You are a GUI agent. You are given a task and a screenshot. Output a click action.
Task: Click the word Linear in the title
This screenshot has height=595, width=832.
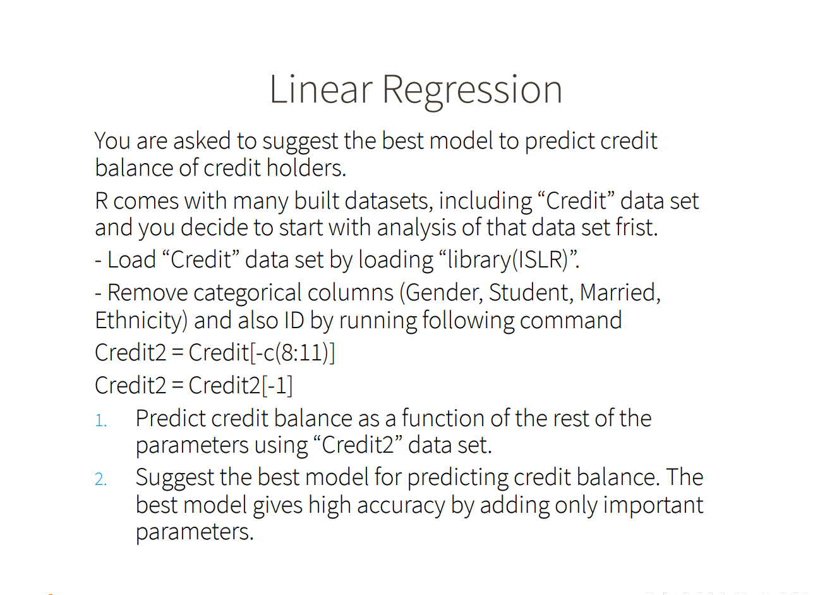[321, 90]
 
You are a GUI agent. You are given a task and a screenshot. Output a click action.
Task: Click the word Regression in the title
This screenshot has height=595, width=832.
[473, 92]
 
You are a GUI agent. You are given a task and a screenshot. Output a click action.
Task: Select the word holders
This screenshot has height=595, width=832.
[306, 168]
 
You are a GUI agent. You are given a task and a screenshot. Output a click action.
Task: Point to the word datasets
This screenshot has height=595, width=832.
[389, 201]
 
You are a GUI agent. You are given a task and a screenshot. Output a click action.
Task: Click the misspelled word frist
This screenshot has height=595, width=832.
[637, 227]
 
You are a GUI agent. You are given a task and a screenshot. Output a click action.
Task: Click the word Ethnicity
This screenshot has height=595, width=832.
[141, 321]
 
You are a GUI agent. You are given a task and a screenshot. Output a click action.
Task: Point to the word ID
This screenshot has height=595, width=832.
[294, 320]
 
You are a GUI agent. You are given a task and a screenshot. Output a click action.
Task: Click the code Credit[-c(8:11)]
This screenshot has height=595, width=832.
[262, 353]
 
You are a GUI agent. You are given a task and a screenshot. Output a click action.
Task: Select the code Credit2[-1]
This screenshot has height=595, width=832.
[241, 385]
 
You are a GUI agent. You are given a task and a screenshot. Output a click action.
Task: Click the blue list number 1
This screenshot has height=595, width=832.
[100, 421]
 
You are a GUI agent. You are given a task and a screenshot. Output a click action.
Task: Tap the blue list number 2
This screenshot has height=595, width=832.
[100, 479]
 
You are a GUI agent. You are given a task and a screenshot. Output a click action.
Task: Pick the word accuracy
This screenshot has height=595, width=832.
[401, 506]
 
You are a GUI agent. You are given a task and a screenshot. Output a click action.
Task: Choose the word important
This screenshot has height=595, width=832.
[653, 506]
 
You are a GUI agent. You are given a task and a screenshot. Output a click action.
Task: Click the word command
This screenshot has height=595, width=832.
[570, 321]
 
